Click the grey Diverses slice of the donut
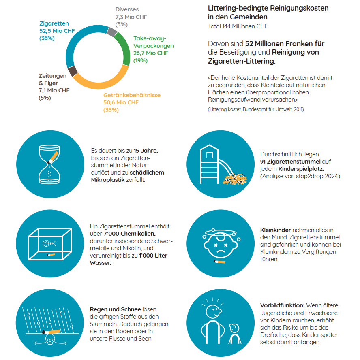point(112,32)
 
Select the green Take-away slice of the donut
point(124,48)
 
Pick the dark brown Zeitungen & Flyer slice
point(73,71)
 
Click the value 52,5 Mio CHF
point(57,31)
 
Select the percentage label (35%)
point(111,110)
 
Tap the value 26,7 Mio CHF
point(151,53)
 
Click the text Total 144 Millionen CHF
point(238,26)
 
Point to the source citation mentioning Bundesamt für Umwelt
point(256,109)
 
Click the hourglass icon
point(49,164)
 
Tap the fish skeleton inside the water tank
point(49,243)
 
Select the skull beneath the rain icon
point(50,340)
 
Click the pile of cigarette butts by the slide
point(235,179)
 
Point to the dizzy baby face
point(221,244)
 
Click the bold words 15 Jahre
point(146,151)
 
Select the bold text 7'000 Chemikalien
point(130,234)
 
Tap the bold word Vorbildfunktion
point(282,305)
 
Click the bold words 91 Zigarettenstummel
point(290,162)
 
